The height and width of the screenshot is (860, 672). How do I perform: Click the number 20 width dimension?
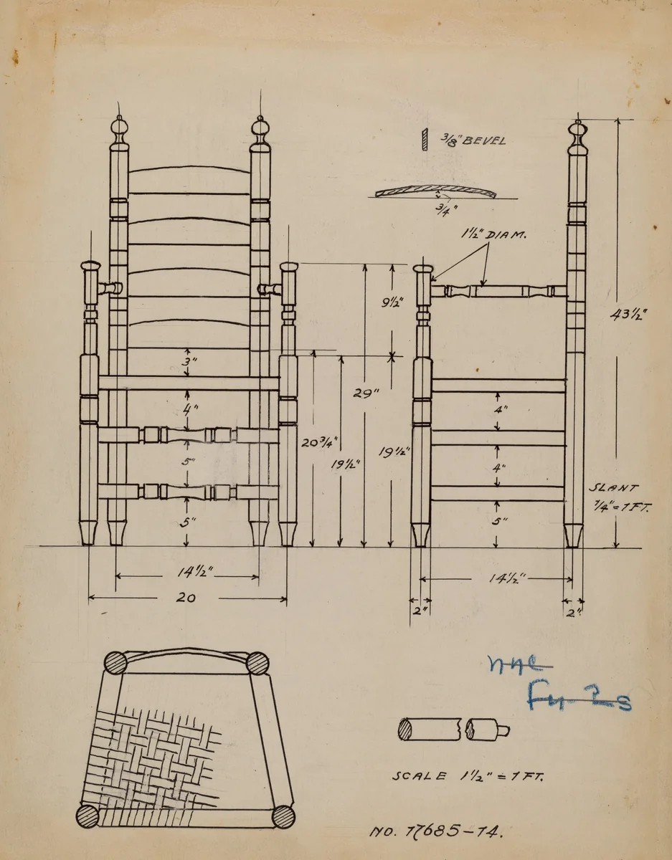point(187,598)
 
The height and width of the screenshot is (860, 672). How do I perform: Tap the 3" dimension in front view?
point(187,363)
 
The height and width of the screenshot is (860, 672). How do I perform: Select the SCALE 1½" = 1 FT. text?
point(468,776)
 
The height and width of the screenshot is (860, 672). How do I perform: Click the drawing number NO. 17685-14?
point(436,832)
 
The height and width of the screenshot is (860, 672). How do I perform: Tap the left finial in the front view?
point(119,131)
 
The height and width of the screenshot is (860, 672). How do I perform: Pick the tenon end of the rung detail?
point(503,730)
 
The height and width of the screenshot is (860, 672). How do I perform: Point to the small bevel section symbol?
point(425,139)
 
